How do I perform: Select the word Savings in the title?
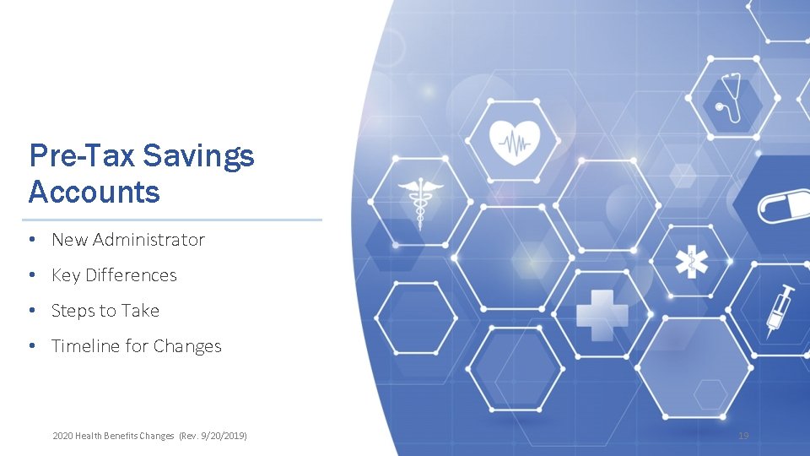point(198,155)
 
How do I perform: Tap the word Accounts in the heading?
point(94,193)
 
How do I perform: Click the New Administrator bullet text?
point(127,240)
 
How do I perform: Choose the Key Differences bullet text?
point(114,275)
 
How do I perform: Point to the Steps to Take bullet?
point(105,311)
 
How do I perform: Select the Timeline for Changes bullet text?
point(136,346)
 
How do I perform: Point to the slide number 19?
point(743,436)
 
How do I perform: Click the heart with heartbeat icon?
point(514,139)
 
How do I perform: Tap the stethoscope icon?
point(732,95)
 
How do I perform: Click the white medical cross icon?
point(602,315)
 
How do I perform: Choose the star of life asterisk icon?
point(691,262)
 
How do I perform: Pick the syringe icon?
point(780,310)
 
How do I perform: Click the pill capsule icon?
point(784,206)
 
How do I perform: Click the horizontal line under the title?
point(175,220)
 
